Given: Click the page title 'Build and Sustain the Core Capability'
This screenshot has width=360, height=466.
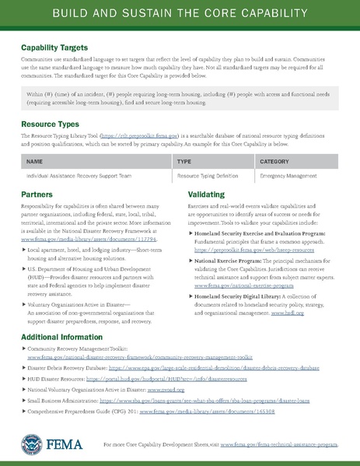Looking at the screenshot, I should [x=180, y=15].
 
